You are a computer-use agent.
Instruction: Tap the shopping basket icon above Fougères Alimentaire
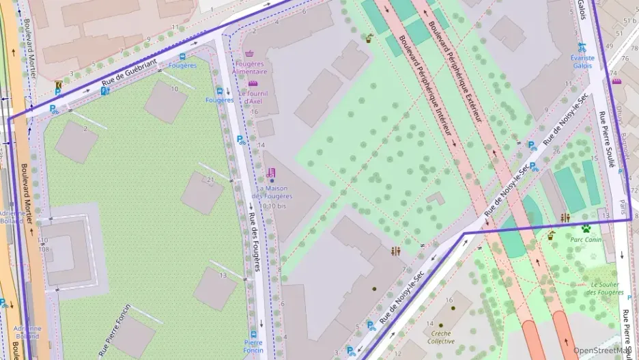249,53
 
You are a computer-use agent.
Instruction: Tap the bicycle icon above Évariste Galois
582,47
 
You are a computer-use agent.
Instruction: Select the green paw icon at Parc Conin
586,228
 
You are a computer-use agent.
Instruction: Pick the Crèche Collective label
441,337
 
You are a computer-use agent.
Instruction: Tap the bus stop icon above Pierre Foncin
253,334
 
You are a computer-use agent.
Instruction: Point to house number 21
211,180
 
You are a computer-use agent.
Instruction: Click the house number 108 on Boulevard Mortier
44,249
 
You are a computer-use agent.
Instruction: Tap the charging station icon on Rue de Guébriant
104,91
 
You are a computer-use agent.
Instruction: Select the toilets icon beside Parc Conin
565,217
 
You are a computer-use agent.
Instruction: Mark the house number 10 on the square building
175,89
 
